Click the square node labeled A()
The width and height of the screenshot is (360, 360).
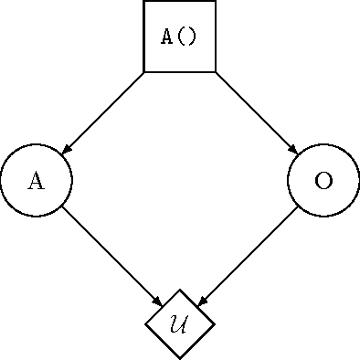(180, 37)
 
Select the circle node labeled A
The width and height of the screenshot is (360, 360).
(37, 180)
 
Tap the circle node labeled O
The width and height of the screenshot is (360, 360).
(323, 180)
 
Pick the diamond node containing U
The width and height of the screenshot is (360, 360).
(180, 323)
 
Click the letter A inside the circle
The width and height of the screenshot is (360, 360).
(37, 180)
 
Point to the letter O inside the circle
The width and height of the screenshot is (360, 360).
(323, 180)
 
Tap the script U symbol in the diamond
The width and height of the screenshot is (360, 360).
(180, 323)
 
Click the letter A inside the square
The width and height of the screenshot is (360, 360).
(167, 37)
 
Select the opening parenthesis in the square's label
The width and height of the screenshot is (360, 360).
(180, 37)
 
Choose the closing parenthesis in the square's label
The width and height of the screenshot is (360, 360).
(192, 37)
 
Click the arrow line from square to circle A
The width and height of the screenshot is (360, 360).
(105, 111)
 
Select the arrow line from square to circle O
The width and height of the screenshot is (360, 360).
(255, 111)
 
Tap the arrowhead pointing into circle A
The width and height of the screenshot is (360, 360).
(67, 150)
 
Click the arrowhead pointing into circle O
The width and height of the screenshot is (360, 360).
(293, 150)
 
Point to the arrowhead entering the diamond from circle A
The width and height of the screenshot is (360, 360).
(158, 302)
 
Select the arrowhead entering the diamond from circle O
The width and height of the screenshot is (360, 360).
(202, 302)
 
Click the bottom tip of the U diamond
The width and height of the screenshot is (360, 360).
(180, 357)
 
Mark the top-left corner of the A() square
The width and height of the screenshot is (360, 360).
(144, 2)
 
